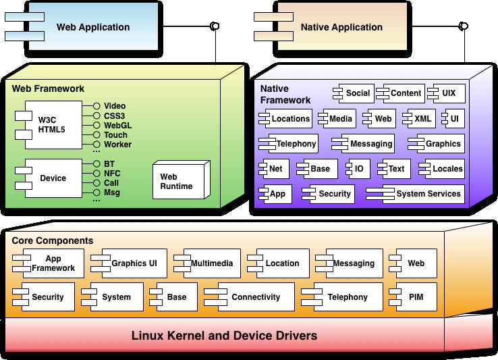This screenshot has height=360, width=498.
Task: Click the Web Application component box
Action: pyautogui.click(x=92, y=28)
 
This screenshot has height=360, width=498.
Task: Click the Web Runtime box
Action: pyautogui.click(x=176, y=181)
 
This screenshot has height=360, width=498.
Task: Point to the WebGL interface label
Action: pyautogui.click(x=117, y=125)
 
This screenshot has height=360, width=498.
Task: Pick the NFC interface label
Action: pyautogui.click(x=113, y=173)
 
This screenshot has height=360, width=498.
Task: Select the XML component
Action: pyautogui.click(x=418, y=119)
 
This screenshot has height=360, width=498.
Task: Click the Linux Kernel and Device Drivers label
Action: pyautogui.click(x=224, y=336)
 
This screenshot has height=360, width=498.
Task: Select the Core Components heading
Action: pyautogui.click(x=53, y=240)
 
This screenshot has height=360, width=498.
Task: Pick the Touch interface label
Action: pyautogui.click(x=115, y=134)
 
